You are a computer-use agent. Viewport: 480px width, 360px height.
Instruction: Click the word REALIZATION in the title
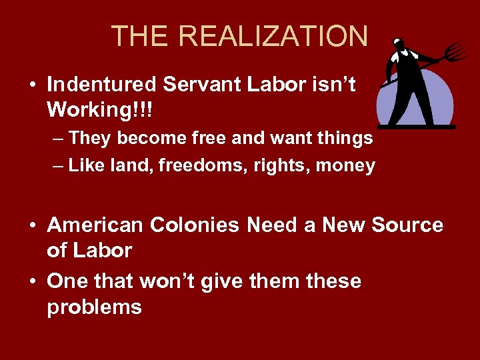(275, 36)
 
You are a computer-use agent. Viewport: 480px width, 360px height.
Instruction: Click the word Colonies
(195, 225)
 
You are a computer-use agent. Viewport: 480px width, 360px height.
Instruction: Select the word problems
(94, 307)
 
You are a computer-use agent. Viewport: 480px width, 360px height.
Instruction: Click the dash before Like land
(58, 167)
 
